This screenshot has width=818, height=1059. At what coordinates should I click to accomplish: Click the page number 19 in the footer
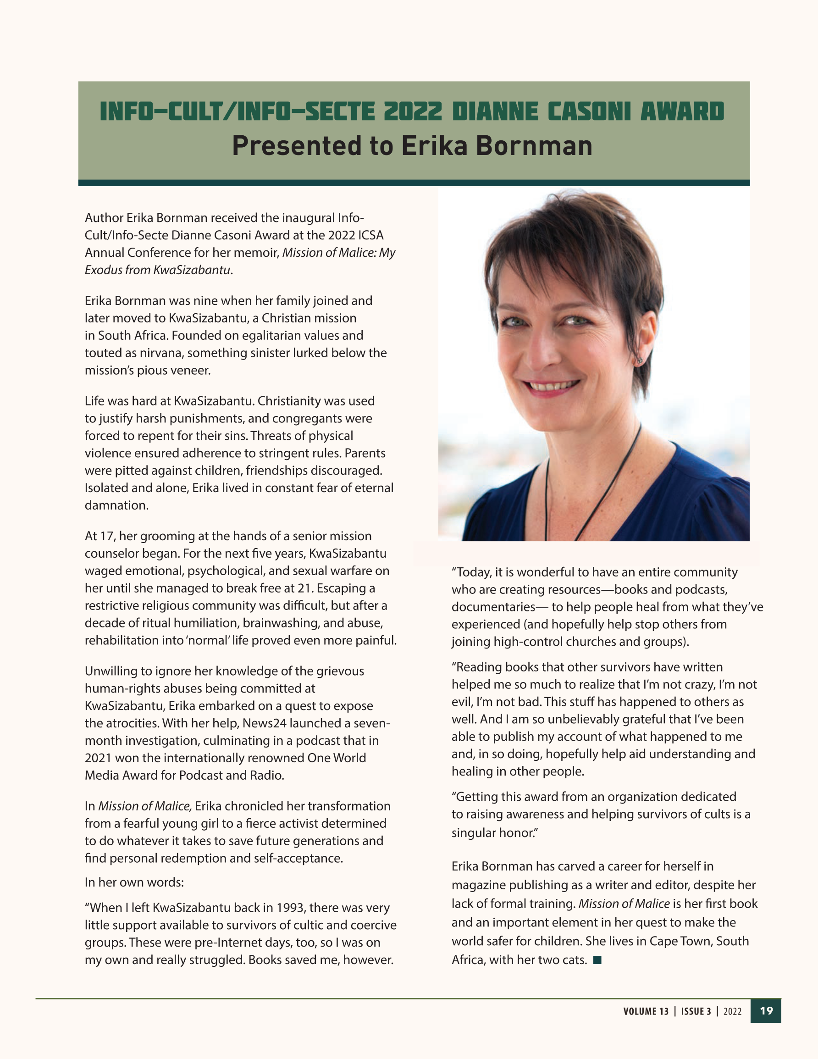766,1011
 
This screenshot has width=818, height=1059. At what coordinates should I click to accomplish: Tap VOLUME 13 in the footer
646,1011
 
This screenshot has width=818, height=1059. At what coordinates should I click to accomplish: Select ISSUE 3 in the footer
696,1011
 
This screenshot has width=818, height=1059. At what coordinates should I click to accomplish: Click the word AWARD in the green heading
682,111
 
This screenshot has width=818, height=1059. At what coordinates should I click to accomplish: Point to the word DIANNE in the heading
495,111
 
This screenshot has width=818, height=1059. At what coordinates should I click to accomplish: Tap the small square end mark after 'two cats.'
597,960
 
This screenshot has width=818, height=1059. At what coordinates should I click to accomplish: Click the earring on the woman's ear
641,361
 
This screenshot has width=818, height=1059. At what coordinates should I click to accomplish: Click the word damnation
116,505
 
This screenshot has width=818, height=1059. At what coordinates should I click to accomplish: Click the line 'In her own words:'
134,882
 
